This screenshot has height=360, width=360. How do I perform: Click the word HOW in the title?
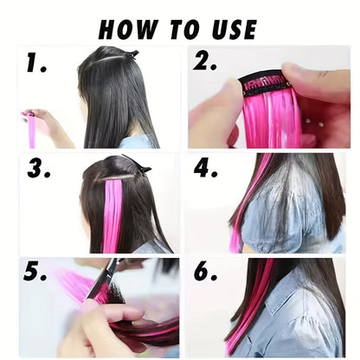[x=128, y=29]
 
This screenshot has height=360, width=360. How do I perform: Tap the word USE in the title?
[x=235, y=29]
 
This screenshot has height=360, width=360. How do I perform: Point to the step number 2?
[x=204, y=62]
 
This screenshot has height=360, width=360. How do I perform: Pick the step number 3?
[x=39, y=169]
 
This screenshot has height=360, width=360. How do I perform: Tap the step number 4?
[x=205, y=169]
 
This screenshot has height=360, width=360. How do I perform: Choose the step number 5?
[x=35, y=272]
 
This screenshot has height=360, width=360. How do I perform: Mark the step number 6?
[x=205, y=272]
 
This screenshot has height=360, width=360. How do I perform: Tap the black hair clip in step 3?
[x=137, y=164]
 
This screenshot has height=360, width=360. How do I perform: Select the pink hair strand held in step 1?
[x=31, y=129]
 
